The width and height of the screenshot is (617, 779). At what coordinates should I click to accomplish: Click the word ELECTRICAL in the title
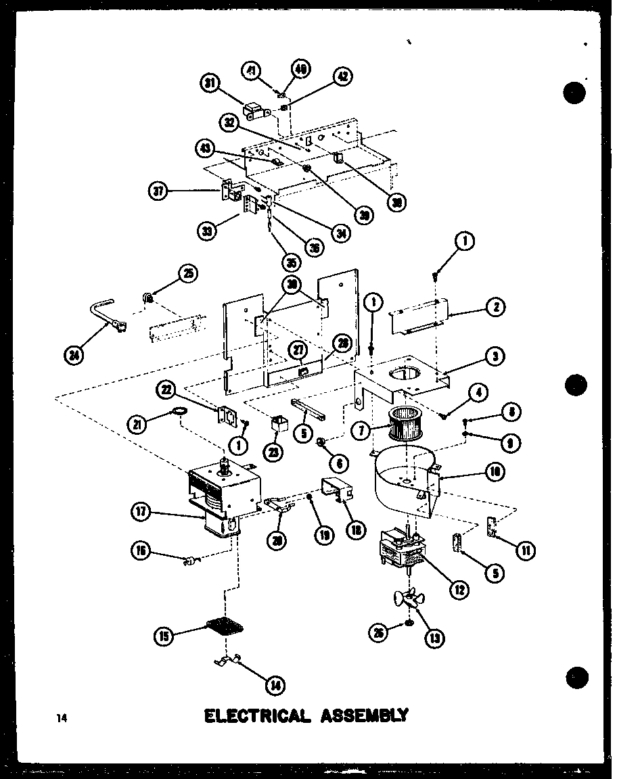coord(257,715)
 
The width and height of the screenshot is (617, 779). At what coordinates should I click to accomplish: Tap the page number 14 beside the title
coord(62,719)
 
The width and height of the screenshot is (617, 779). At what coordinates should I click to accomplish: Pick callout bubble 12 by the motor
coord(459,589)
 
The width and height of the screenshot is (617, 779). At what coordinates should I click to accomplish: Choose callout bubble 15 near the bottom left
coord(165,636)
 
